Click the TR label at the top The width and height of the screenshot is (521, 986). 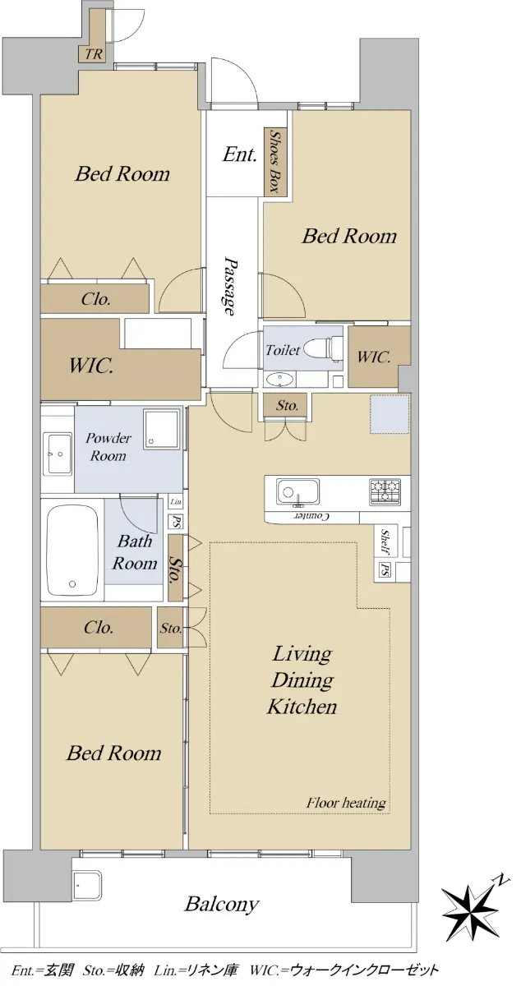(x=94, y=54)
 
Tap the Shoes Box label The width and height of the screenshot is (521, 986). (x=274, y=161)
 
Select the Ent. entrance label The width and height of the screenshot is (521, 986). (x=240, y=154)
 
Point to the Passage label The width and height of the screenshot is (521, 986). (x=229, y=286)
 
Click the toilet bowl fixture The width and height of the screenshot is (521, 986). (x=328, y=348)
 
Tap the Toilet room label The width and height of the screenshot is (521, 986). (x=283, y=350)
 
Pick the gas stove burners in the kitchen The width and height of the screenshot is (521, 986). (x=385, y=491)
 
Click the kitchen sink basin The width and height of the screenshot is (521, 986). (x=297, y=491)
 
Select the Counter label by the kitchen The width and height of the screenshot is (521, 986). (x=311, y=516)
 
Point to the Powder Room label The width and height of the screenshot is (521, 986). (x=108, y=446)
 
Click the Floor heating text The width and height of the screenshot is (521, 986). (x=346, y=803)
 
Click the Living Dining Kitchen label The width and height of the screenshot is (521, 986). (x=302, y=680)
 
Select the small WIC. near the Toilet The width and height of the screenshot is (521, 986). (x=373, y=357)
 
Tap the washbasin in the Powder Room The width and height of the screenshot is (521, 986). (x=58, y=454)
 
